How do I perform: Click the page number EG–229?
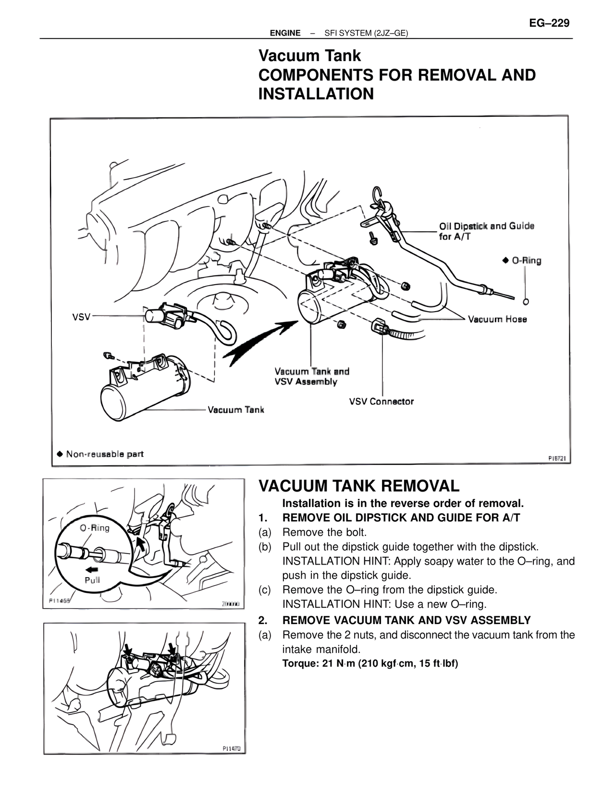coord(549,23)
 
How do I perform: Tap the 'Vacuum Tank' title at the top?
coord(309,56)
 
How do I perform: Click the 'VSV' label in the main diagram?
coord(81,317)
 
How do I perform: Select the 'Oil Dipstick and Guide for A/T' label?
coord(486,231)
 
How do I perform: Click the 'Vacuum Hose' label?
coord(497,319)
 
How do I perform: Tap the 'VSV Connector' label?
coord(381,401)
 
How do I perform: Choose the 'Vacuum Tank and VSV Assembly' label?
coord(312,376)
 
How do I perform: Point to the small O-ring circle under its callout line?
coord(526,301)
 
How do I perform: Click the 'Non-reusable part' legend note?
coord(100,454)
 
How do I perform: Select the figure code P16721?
coord(559,458)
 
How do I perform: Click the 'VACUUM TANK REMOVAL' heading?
coord(359,486)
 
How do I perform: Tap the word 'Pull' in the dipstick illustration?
coord(92,579)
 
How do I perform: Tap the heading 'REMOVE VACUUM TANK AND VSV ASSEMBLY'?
coord(406,620)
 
